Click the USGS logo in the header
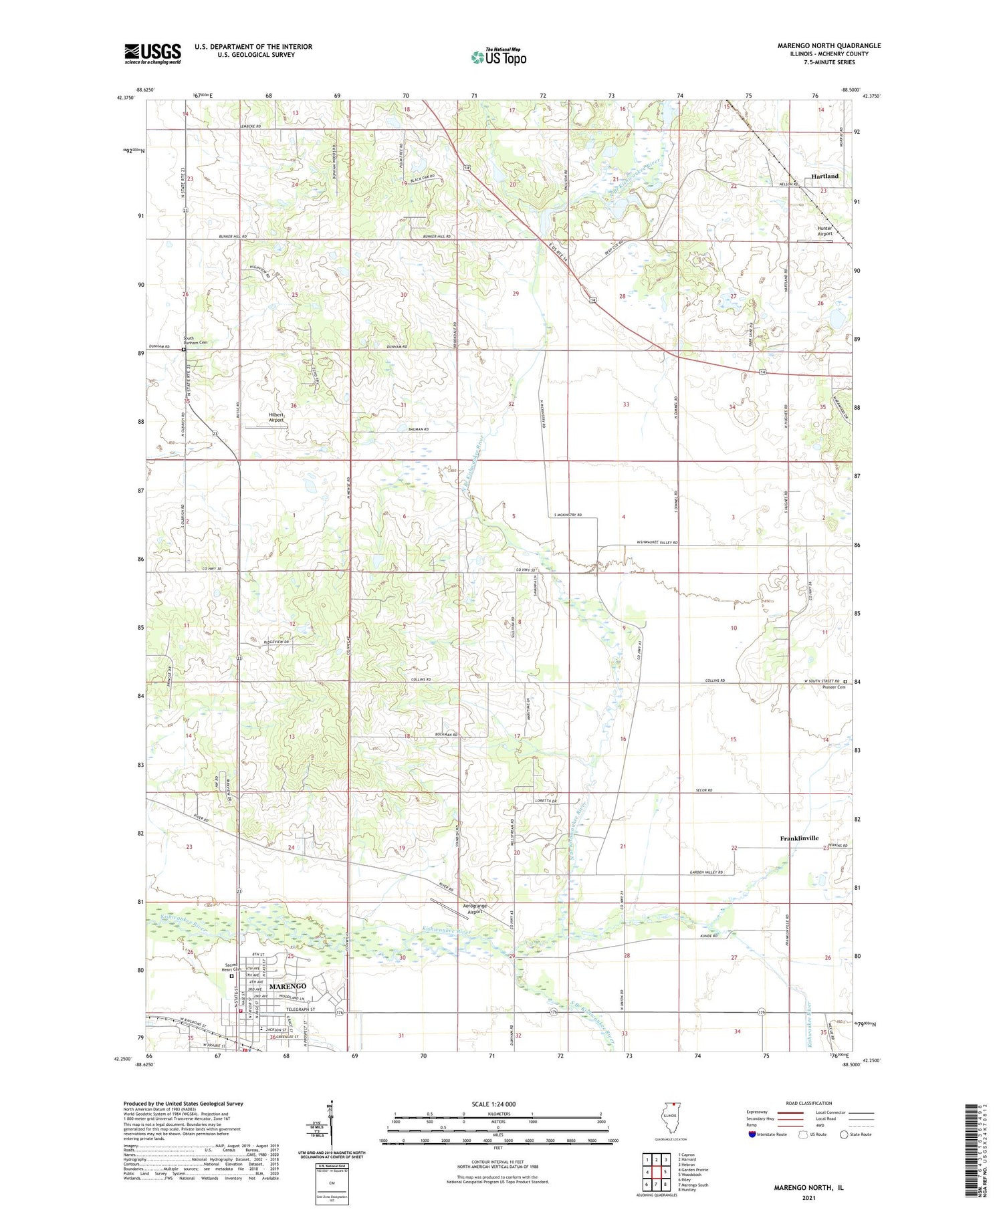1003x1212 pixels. (152, 53)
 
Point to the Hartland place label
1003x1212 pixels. (824, 176)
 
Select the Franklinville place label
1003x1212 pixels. (799, 838)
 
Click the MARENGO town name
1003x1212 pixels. (288, 986)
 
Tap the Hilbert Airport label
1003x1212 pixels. (276, 417)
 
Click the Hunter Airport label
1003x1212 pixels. (824, 231)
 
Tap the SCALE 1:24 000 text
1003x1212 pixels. (497, 1104)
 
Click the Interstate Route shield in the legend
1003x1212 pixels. (753, 1134)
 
